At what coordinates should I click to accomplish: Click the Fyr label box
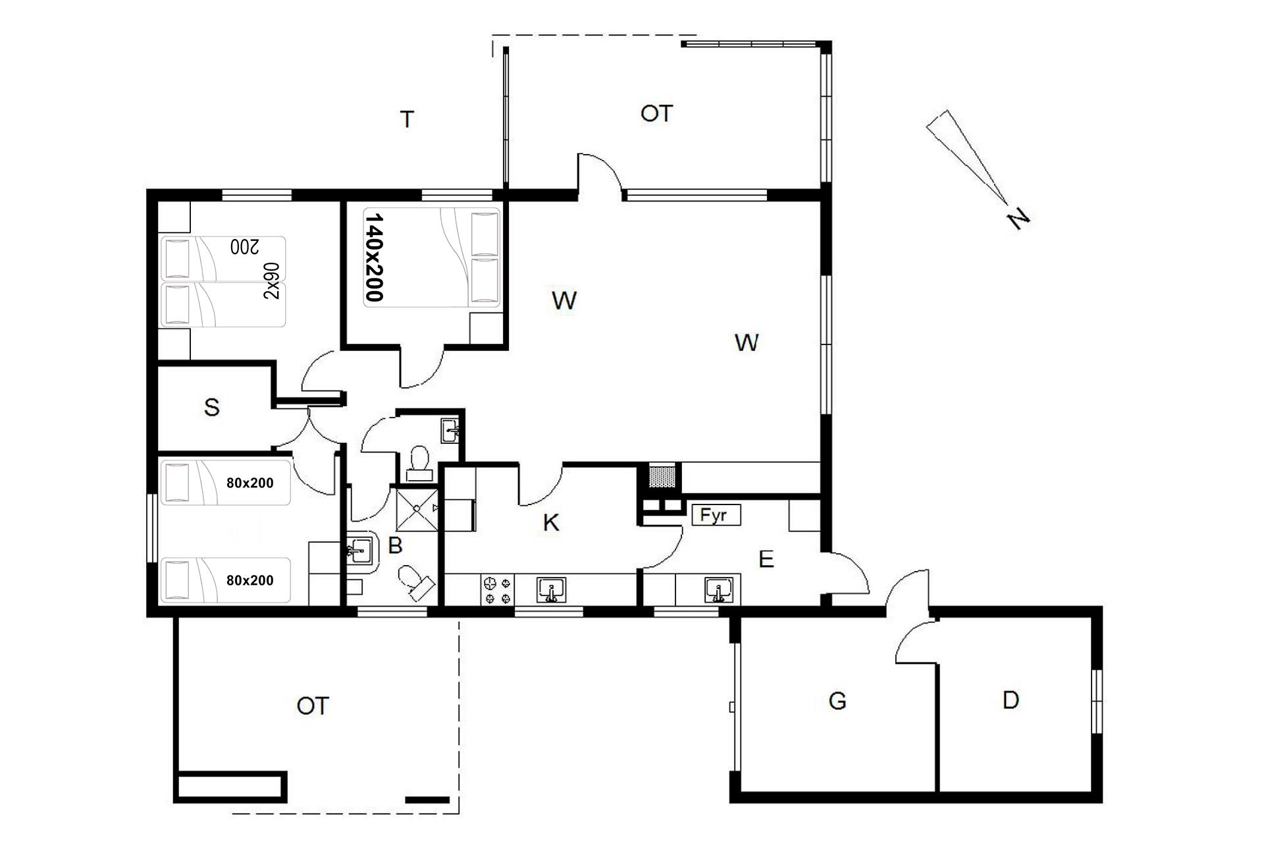(x=716, y=515)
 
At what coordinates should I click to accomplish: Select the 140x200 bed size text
(x=374, y=257)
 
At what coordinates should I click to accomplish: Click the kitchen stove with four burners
(x=497, y=590)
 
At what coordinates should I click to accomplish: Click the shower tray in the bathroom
(x=417, y=508)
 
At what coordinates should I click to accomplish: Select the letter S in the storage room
(x=211, y=408)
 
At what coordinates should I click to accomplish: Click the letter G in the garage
(x=837, y=701)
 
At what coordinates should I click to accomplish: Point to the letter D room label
(x=1011, y=700)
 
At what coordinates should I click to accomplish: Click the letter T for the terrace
(x=408, y=120)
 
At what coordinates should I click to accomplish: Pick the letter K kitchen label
(x=551, y=523)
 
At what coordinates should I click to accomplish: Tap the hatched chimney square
(x=663, y=477)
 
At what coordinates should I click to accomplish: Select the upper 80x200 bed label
(x=250, y=483)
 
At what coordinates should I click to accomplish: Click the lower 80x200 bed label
(x=250, y=580)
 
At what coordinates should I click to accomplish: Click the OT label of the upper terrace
(x=656, y=114)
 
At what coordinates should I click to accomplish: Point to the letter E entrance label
(x=766, y=560)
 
